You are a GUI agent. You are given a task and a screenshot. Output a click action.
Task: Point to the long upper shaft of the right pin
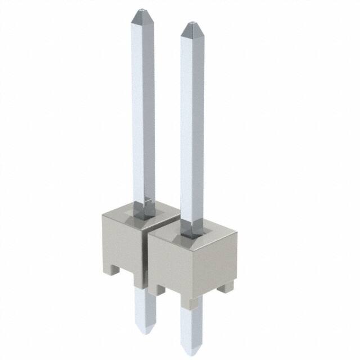coord(191,124)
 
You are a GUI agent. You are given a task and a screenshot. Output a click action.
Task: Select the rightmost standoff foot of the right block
coord(226,288)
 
